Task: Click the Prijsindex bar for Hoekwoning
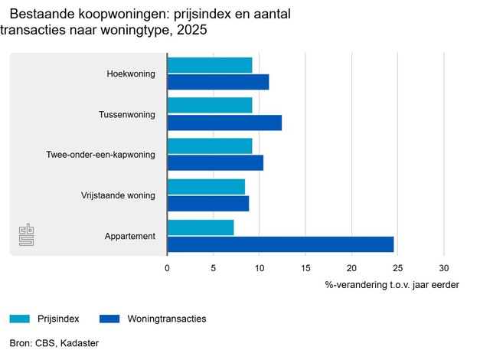coord(210,65)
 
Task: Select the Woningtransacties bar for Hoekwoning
coord(218,82)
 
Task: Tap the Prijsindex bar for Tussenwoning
coord(210,106)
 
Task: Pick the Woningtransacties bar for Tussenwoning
coord(224,123)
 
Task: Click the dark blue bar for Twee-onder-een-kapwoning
coord(215,162)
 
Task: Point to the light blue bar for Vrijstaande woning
coord(206,187)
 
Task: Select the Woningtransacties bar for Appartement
coord(280,244)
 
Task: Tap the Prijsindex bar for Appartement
coord(201,227)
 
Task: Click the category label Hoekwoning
coord(131,74)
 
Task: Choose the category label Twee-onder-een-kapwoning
coord(101,155)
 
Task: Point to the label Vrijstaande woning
coord(118,195)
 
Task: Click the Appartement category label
coord(130,236)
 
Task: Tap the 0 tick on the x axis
coord(168,269)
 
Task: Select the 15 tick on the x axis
coord(305,269)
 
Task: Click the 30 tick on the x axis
coord(443,269)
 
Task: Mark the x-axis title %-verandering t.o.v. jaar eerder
coord(392,285)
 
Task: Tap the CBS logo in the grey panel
coord(27,236)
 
